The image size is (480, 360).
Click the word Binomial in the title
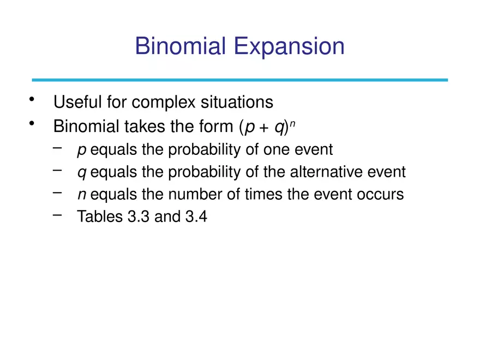tap(181, 46)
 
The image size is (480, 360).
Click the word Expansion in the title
tap(289, 47)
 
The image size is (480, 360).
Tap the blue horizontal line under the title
tap(239, 80)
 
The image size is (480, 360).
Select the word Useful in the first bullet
tap(77, 101)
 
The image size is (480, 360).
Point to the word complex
tap(164, 103)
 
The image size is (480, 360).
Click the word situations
tap(237, 101)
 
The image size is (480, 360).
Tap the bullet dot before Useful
tap(32, 99)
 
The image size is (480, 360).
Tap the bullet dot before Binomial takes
tap(32, 123)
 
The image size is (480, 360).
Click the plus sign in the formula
tap(263, 128)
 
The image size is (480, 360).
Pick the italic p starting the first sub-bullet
tap(82, 151)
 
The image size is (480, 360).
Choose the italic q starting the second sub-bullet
tap(82, 173)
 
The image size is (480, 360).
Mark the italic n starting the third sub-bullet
tap(82, 195)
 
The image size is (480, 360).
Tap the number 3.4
tap(196, 217)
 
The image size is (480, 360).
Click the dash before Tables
tap(57, 215)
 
